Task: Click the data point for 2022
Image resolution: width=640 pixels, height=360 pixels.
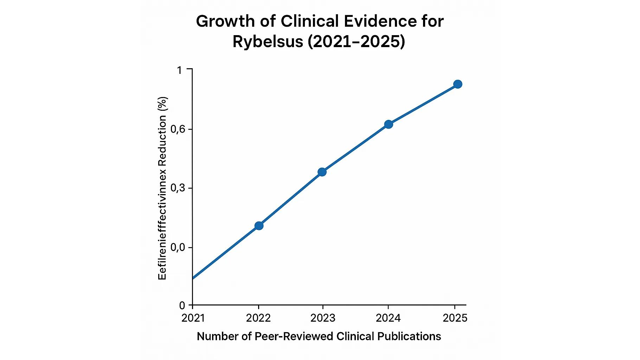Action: pos(259,226)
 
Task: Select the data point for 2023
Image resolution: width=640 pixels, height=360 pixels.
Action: pos(322,172)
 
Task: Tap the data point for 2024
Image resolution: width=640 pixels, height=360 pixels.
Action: pos(388,124)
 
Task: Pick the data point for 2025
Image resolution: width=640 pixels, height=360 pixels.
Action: pos(457,84)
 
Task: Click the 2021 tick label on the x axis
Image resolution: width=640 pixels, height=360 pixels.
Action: pos(193,318)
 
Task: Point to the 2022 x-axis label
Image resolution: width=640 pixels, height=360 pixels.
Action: pos(258,318)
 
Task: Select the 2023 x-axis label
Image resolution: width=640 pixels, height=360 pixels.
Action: pos(323,318)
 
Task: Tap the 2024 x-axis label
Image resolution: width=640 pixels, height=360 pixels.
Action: pos(388,318)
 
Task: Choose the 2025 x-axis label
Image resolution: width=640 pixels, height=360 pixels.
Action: pos(455,318)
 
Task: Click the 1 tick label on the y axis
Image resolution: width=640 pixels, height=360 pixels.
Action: pos(180,70)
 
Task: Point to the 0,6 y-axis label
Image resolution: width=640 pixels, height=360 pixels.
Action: pos(178,129)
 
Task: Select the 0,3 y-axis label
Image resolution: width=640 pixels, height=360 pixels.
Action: pos(178,188)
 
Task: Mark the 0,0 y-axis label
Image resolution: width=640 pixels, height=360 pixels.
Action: pos(178,247)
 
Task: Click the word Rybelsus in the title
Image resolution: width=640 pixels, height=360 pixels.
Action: pos(268,42)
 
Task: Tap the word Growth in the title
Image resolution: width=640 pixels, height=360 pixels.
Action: pos(225,21)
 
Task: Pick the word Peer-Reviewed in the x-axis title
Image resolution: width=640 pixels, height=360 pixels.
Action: pos(294,336)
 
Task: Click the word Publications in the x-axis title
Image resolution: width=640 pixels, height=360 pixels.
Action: pos(409,336)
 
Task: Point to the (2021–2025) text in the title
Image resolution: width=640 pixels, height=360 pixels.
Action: pos(356,42)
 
